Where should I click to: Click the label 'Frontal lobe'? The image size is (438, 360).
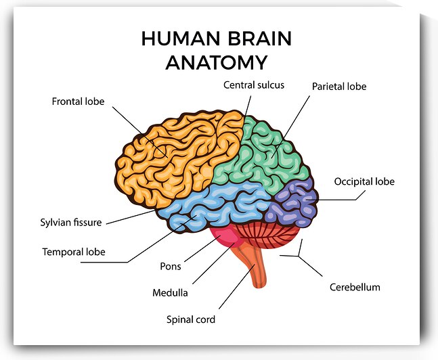(x=78, y=102)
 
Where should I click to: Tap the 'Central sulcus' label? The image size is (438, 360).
(x=254, y=85)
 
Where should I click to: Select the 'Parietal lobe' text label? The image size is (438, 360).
(x=338, y=87)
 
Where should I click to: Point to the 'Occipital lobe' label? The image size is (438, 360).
(x=364, y=181)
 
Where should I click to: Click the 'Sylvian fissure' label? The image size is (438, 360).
(x=70, y=222)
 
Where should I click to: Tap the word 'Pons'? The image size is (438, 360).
(x=170, y=266)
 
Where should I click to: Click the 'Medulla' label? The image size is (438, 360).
(x=170, y=293)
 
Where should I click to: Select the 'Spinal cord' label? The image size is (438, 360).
(x=191, y=319)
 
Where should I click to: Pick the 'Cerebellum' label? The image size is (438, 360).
(x=355, y=287)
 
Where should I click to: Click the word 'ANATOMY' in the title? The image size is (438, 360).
(x=216, y=63)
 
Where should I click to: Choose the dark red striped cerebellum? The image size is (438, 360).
(x=271, y=238)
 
